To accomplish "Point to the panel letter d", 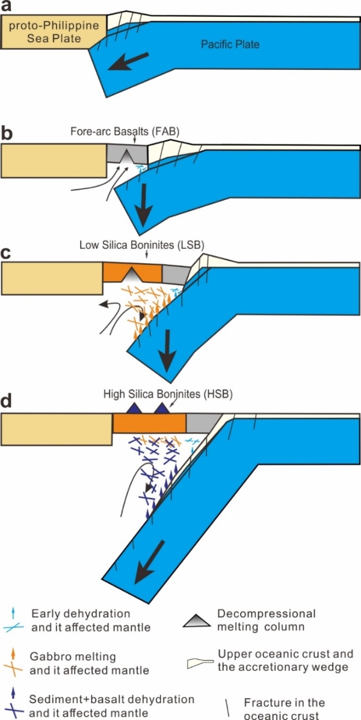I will pos(7,400).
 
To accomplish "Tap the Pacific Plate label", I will pos(231,45).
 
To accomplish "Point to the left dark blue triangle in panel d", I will pos(132,408).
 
